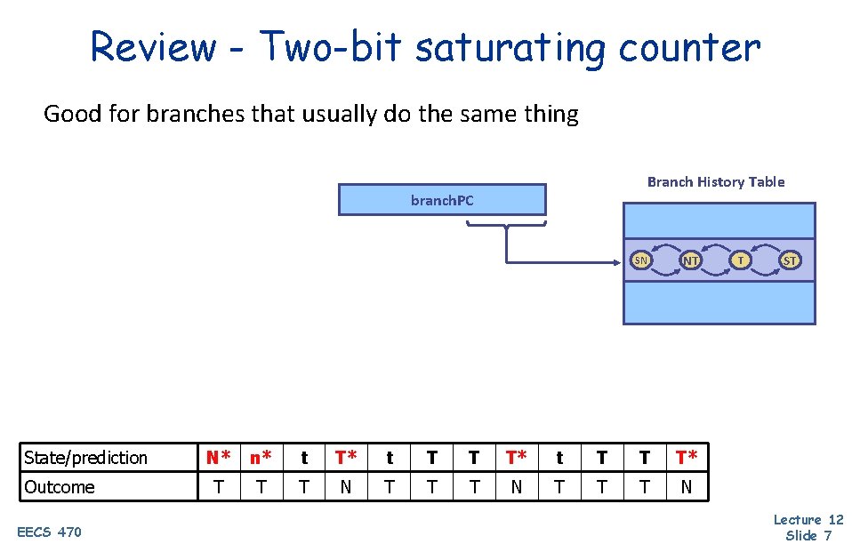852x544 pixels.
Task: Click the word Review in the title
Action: click(153, 47)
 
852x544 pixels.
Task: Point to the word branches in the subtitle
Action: click(214, 115)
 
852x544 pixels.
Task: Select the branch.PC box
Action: click(442, 200)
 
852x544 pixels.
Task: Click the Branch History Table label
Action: click(716, 182)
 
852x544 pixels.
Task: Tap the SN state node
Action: click(640, 260)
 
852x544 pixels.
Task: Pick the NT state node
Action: click(690, 260)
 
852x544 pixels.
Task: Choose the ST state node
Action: click(789, 260)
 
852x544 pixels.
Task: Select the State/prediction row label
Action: click(85, 458)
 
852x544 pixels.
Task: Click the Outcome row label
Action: click(60, 487)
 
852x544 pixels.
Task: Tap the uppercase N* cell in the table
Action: click(219, 458)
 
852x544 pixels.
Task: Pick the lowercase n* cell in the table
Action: click(261, 458)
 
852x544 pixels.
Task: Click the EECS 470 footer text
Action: click(50, 532)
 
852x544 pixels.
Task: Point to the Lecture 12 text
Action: click(808, 520)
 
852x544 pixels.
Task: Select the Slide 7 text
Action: click(808, 535)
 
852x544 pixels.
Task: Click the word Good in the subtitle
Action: click(66, 115)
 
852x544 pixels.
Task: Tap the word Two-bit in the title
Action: click(331, 47)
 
